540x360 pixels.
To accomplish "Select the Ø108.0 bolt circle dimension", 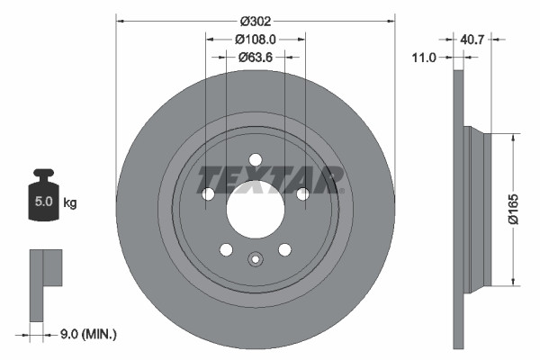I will tap(255, 39).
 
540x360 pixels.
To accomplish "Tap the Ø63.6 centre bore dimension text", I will tap(255, 57).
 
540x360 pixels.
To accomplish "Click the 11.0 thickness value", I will tap(423, 57).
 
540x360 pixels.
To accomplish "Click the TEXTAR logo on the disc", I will tap(271, 179).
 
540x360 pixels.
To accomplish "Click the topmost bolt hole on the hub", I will tap(255, 159).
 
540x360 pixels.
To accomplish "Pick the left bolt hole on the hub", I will tap(209, 193).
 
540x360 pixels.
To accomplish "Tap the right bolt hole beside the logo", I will tap(302, 193).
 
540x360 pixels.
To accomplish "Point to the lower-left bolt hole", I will tap(226, 249).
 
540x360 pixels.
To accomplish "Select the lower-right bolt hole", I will tap(284, 249).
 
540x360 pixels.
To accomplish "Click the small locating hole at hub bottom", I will tap(255, 262).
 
